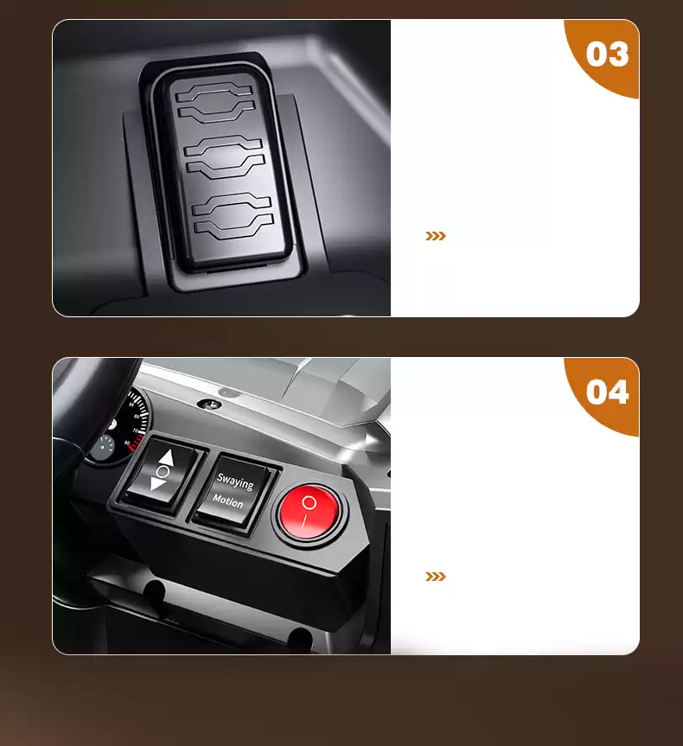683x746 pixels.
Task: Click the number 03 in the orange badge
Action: (607, 54)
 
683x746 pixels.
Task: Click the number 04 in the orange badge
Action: (607, 392)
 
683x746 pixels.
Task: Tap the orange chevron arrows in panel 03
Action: (436, 236)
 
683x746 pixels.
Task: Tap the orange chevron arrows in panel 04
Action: (436, 577)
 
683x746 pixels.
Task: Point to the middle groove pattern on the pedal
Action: (224, 157)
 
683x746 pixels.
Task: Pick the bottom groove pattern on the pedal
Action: (233, 215)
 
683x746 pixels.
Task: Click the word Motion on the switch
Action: (227, 501)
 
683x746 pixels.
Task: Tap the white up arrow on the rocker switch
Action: (167, 458)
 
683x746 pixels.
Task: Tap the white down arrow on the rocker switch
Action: (157, 484)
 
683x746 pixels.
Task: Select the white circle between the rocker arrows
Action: (163, 471)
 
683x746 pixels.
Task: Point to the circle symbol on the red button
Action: (309, 502)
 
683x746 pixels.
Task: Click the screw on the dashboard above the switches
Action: (209, 405)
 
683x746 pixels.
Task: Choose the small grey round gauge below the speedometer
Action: (101, 448)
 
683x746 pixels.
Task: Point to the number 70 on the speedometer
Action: (135, 430)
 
